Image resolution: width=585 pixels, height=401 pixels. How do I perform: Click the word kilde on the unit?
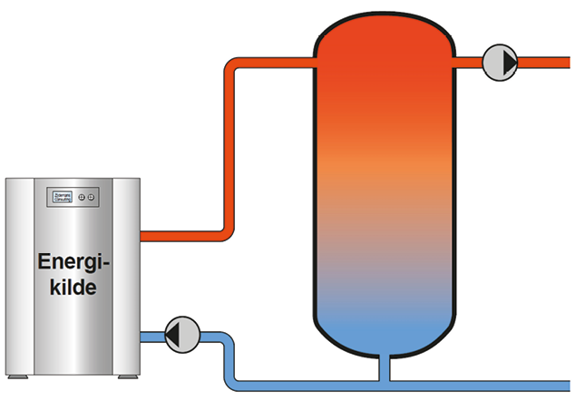coord(73,288)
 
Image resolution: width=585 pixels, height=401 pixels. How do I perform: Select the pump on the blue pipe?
coord(182,334)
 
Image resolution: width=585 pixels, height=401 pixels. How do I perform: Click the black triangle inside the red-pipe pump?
coord(506,63)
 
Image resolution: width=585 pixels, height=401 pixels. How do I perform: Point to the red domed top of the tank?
coord(383,36)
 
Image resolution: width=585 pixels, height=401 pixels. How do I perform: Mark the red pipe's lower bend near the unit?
coord(230,234)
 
